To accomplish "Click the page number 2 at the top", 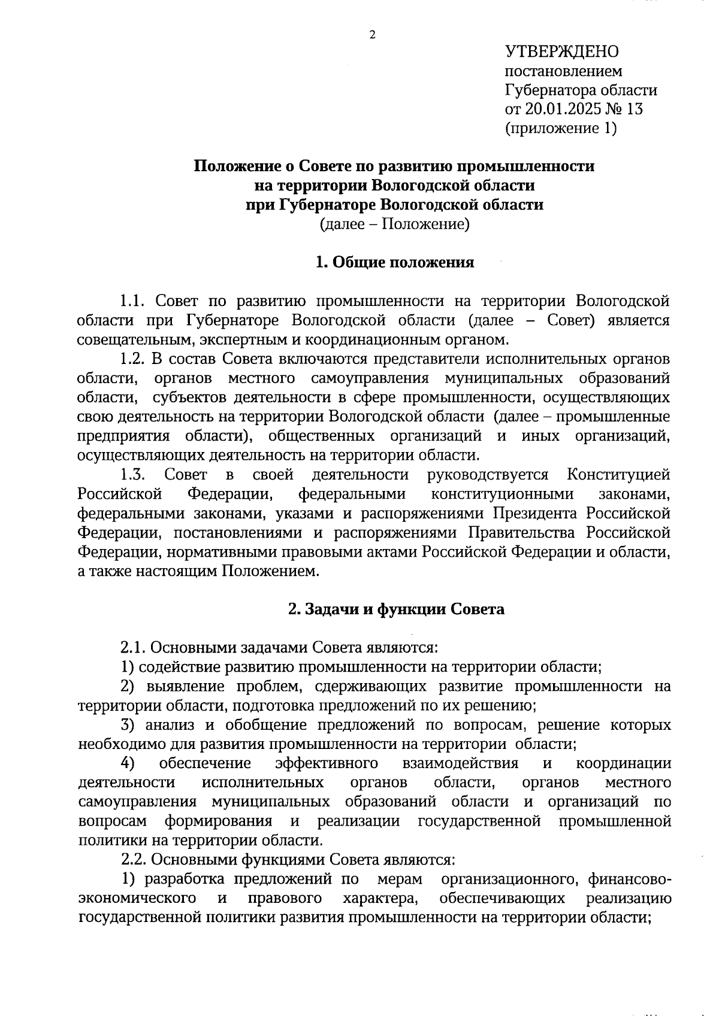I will [372, 35].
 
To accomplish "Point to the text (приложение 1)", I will [561, 128].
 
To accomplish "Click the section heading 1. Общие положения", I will [395, 262].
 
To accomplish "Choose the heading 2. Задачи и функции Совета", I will [396, 609].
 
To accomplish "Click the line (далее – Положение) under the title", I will [394, 225].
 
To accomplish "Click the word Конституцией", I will [618, 475].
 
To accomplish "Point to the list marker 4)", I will [127, 764].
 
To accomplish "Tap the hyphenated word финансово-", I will [629, 879].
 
